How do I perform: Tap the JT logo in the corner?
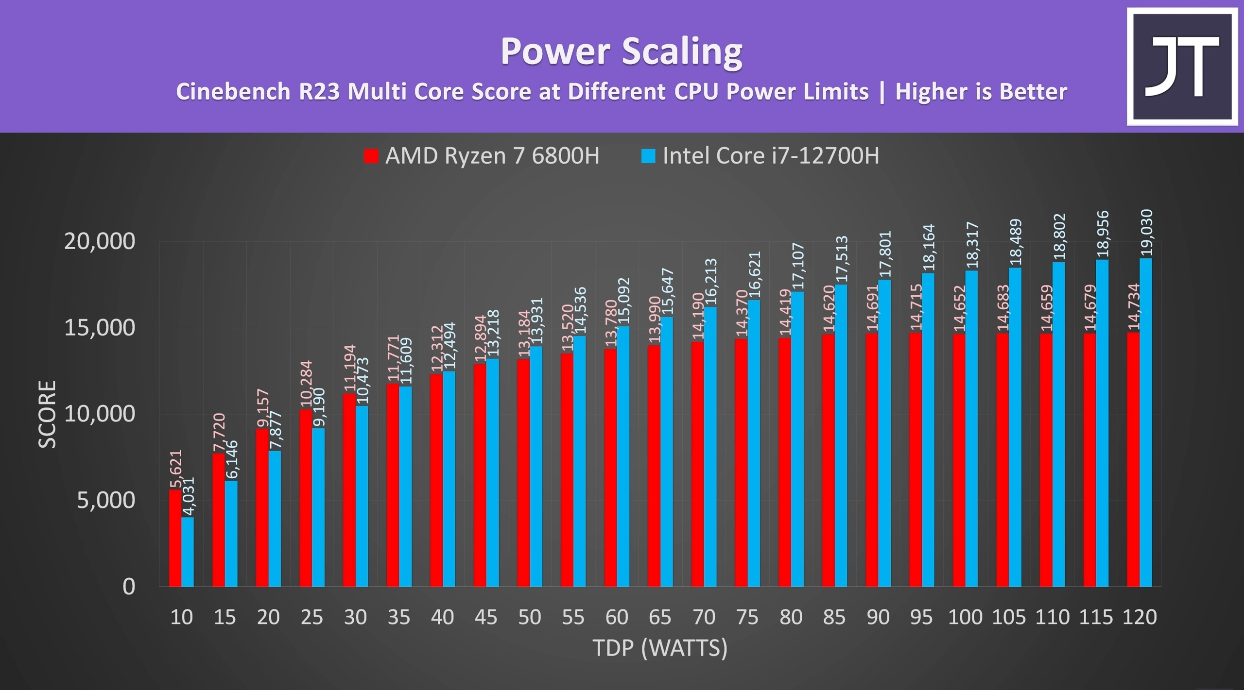coord(1182,67)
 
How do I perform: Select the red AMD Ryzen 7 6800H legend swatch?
coord(371,156)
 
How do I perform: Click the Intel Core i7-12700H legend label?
coord(771,156)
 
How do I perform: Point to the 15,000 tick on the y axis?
coord(99,328)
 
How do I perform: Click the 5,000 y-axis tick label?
coord(105,500)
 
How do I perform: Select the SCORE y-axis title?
coord(48,414)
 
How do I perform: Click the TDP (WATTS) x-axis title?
coord(660,648)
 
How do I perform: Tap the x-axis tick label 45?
coord(485,617)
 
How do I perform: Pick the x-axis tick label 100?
coord(965,617)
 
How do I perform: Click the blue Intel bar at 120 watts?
coord(1145,422)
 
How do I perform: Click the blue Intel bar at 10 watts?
coord(188,552)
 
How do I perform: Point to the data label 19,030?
coord(1146,232)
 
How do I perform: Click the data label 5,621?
coord(175,469)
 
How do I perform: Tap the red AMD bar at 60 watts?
coord(610,468)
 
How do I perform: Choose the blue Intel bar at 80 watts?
coord(797,439)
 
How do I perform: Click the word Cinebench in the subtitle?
coord(233,92)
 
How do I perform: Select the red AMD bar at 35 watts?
coord(393,485)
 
